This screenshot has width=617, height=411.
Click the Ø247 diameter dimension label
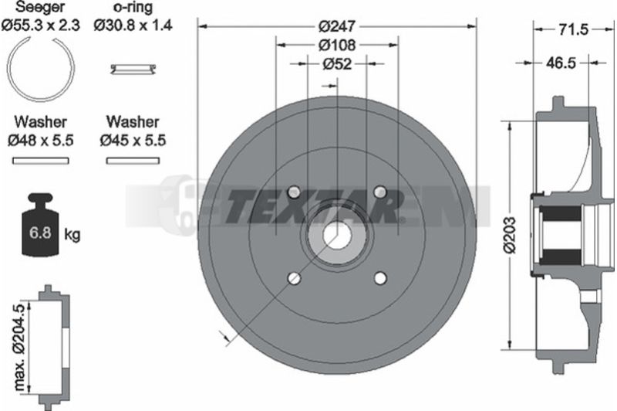(x=337, y=27)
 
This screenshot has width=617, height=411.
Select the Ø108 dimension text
(x=337, y=46)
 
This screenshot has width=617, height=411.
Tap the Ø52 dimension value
(x=337, y=64)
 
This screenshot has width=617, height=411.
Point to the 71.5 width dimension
(x=575, y=29)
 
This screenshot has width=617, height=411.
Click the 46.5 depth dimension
(x=561, y=63)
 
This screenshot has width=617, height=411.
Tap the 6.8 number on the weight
(x=40, y=233)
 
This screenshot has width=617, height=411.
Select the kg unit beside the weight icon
(x=72, y=235)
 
